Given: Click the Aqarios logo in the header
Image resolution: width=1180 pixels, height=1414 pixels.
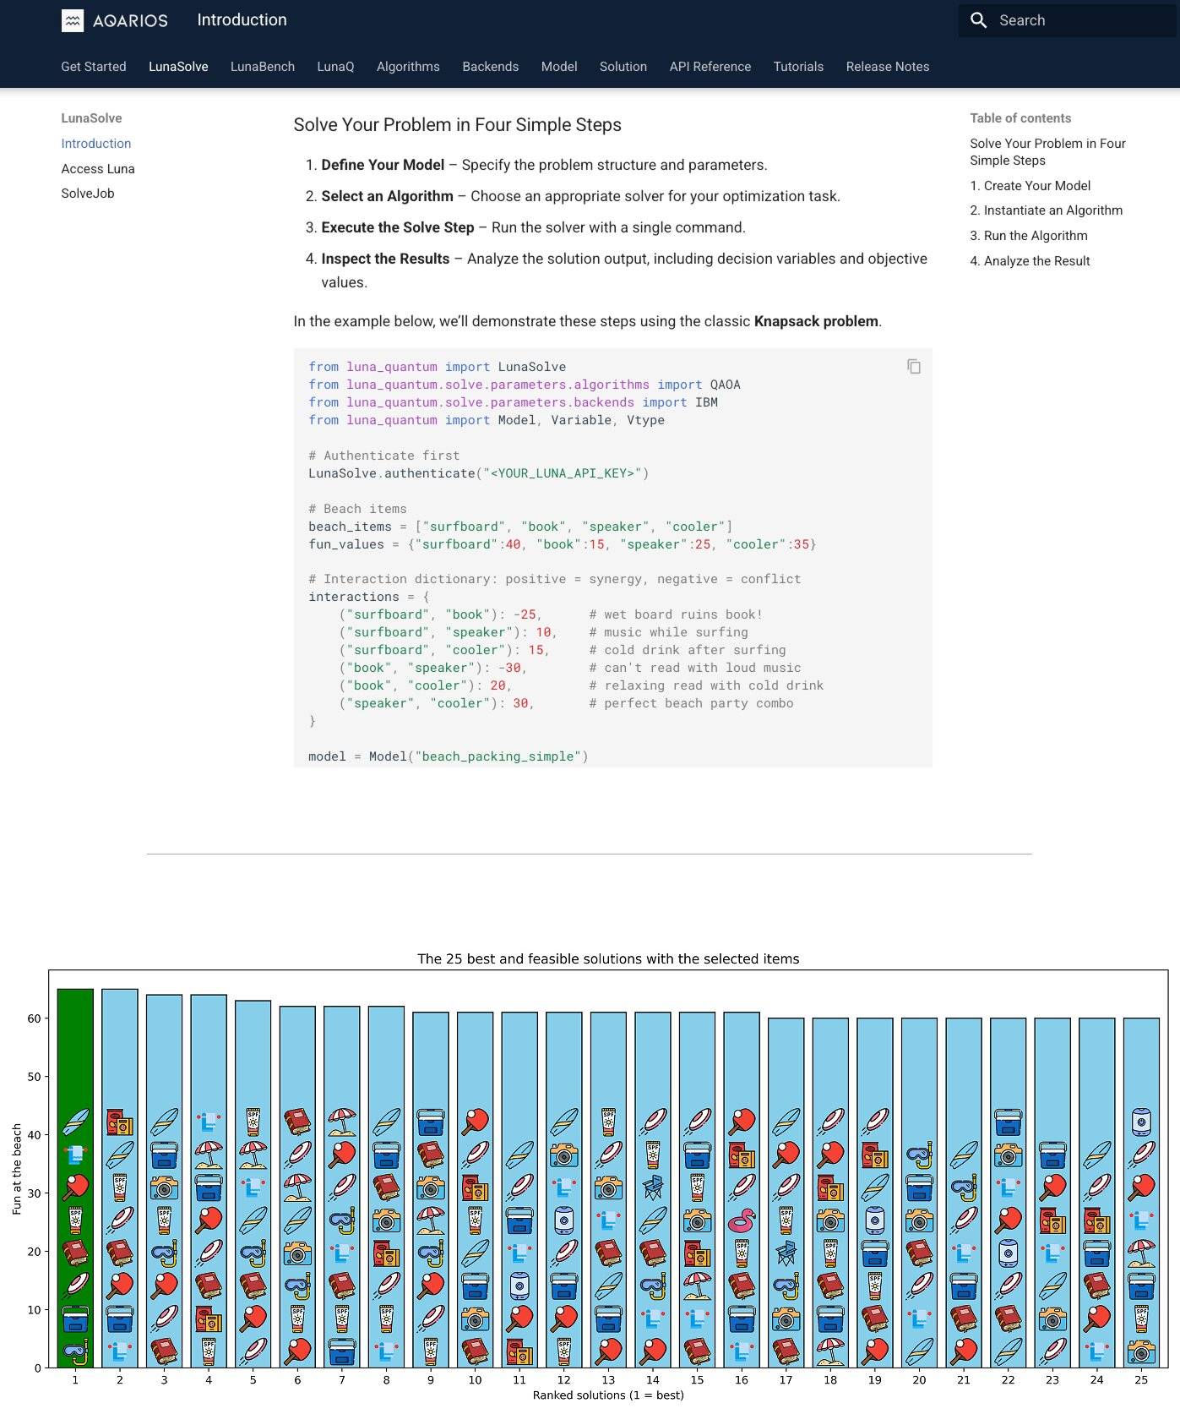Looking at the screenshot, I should [115, 20].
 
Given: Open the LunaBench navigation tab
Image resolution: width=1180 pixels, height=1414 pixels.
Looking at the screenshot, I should [263, 67].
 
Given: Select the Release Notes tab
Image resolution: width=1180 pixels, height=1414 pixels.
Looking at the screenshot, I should [887, 67].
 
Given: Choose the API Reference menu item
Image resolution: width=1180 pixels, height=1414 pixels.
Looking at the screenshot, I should [710, 67].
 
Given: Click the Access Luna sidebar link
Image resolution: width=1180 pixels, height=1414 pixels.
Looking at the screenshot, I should [98, 169].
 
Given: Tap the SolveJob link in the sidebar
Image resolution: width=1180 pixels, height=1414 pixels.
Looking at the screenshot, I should [88, 194].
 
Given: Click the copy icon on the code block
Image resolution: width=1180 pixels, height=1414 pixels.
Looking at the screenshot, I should [914, 367].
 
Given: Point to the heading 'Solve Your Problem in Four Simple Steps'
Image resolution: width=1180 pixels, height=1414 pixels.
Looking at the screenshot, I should [457, 125].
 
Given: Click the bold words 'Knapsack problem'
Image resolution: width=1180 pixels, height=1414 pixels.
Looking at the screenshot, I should [816, 321].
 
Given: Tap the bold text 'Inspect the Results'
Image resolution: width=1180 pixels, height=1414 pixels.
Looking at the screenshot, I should [385, 259].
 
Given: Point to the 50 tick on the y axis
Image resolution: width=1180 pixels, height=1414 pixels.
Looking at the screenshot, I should [34, 1077].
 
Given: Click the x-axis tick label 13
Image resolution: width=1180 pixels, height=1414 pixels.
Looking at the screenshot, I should [608, 1379].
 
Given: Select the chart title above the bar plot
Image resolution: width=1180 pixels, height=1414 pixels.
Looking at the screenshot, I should [608, 959].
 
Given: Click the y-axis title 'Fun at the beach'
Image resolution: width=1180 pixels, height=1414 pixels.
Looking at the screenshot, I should [17, 1170].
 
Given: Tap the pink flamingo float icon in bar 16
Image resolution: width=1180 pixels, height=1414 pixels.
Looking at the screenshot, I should [742, 1220].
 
